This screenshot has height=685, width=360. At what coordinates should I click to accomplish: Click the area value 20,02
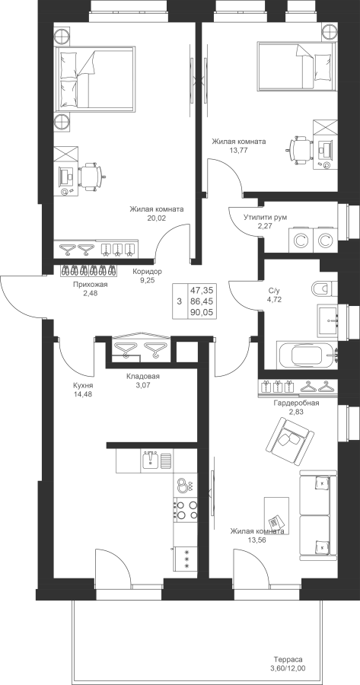(157, 218)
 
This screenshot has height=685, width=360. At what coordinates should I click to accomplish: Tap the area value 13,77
(238, 150)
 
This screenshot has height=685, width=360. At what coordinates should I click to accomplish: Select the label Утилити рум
(265, 218)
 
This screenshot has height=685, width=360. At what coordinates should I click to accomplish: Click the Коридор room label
(147, 272)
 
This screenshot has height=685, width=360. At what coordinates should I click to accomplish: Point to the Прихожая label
(90, 285)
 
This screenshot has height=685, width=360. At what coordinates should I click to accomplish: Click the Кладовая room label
(143, 376)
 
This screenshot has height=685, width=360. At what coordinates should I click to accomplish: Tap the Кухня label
(83, 386)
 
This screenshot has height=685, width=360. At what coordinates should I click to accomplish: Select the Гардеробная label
(296, 403)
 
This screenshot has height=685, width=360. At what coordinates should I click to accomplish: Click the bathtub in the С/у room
(307, 355)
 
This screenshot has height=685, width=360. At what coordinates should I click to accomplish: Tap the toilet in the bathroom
(323, 288)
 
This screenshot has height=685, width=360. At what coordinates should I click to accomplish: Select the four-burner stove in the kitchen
(185, 510)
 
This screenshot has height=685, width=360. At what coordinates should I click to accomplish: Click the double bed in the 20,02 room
(94, 78)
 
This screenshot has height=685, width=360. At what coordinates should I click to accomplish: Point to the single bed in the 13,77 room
(296, 65)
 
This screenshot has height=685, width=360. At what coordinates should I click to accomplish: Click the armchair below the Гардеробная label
(289, 435)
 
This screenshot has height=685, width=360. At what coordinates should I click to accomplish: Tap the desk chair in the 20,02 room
(91, 177)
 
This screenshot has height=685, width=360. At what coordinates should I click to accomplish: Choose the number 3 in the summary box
(179, 301)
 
